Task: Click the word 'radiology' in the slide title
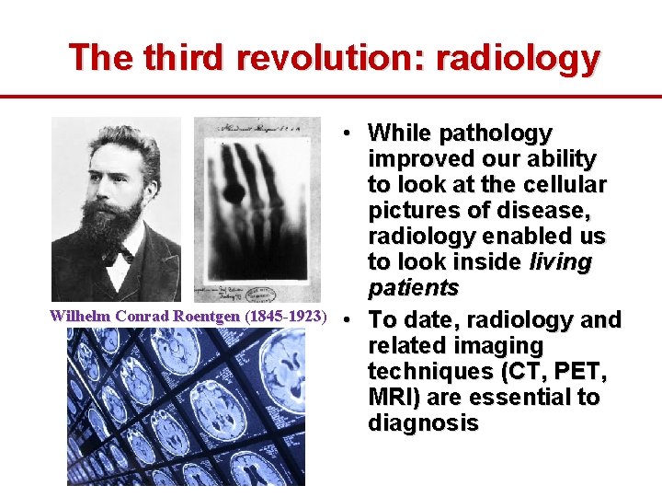(518, 58)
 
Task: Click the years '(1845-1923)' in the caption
(286, 317)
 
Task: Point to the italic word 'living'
(561, 262)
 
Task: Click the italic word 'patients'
(413, 288)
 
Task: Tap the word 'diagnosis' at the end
(423, 423)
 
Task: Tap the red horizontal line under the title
(331, 96)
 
